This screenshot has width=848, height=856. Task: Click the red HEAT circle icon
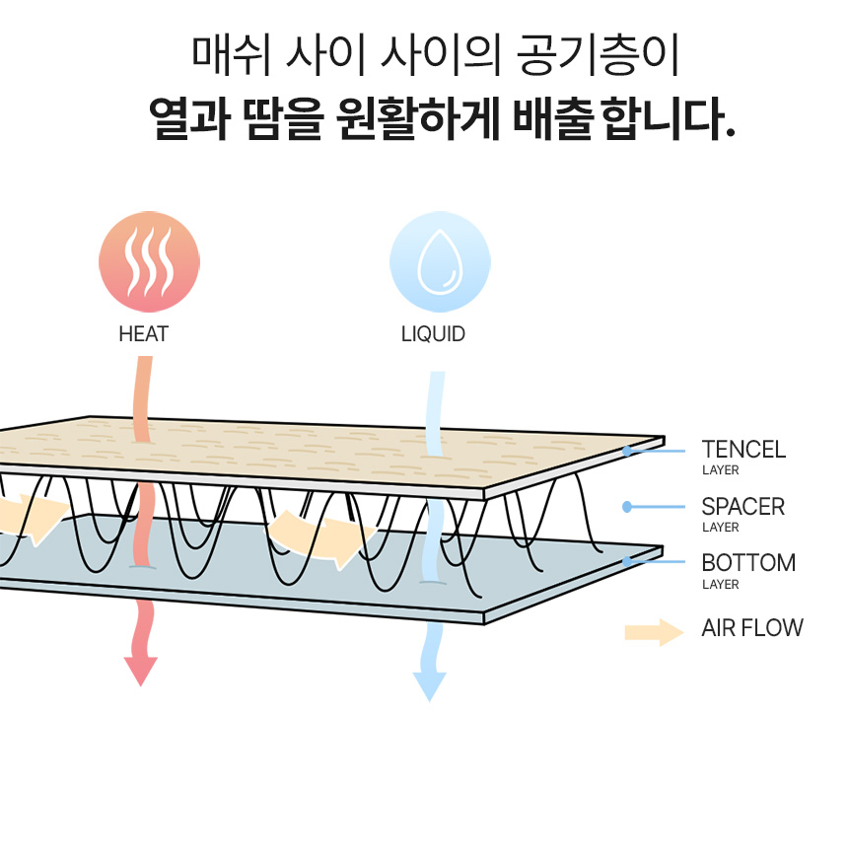click(x=149, y=263)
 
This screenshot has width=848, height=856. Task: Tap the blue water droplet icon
click(x=440, y=261)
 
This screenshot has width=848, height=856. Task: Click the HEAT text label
click(x=143, y=334)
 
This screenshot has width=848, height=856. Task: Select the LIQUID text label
click(x=433, y=334)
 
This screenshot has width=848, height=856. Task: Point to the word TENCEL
click(x=743, y=450)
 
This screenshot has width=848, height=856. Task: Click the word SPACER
click(x=742, y=507)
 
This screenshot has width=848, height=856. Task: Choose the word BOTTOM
click(x=748, y=563)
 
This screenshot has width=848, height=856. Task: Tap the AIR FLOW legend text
click(x=752, y=627)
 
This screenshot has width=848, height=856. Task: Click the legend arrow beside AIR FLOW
click(x=654, y=632)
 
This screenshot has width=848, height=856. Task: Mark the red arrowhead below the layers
click(x=141, y=671)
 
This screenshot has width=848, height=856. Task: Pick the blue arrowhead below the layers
click(x=429, y=685)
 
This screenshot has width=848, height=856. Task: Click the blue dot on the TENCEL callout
click(x=627, y=451)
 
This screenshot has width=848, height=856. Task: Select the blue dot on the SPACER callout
click(x=627, y=507)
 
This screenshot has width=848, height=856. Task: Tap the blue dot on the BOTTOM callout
click(x=627, y=562)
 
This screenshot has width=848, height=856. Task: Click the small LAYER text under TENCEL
click(x=720, y=470)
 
